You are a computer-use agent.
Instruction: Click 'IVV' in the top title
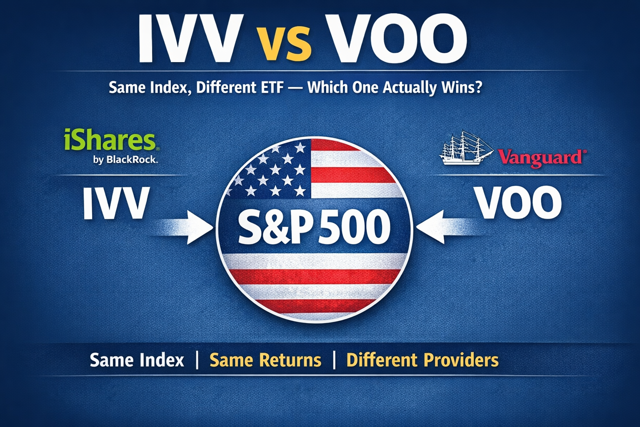pos(190,38)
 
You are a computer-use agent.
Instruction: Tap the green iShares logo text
pos(110,141)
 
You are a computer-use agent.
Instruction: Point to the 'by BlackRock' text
pos(125,159)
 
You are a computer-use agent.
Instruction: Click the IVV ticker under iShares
pos(116,203)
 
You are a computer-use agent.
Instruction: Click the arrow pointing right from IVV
pos(187,227)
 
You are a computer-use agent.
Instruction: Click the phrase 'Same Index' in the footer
pos(137,360)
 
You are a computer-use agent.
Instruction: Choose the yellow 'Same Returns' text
pos(265,360)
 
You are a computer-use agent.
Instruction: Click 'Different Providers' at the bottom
pos(422,360)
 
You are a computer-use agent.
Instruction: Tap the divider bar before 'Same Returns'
pos(197,360)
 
